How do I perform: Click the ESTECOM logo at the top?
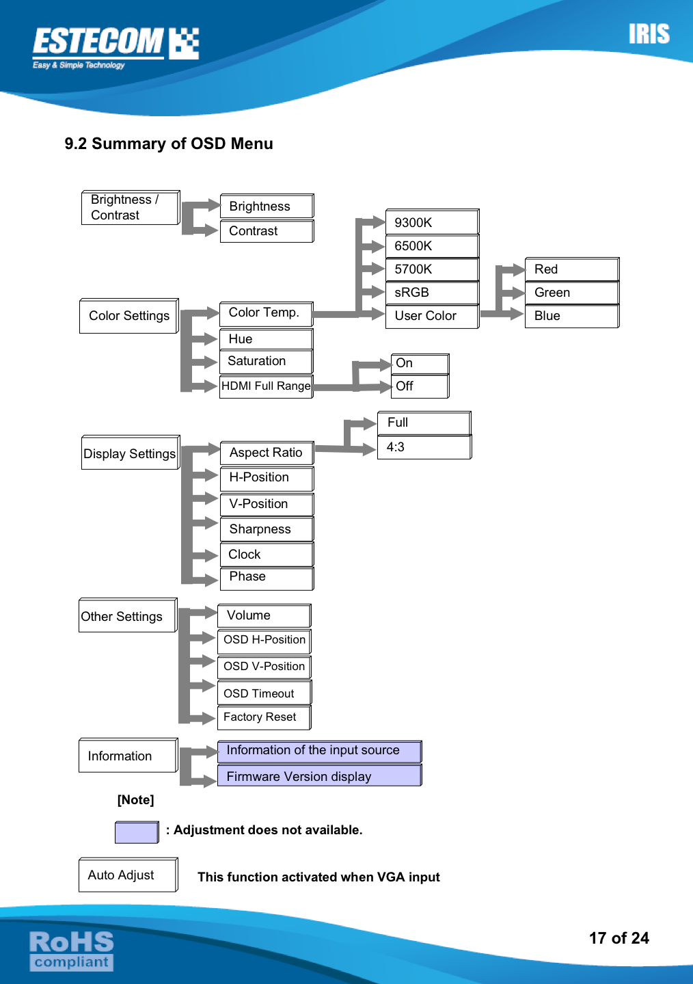[115, 46]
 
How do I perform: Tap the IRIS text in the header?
[649, 34]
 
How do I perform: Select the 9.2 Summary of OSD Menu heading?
[169, 144]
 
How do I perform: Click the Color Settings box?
[129, 316]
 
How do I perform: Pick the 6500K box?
[432, 246]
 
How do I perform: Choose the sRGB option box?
[432, 293]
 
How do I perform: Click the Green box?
[571, 293]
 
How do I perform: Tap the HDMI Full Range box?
[266, 386]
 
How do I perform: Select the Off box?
[420, 386]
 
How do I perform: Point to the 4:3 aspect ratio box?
[424, 447]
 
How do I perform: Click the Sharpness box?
[267, 529]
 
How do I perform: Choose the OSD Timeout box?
[264, 693]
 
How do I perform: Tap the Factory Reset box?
[264, 717]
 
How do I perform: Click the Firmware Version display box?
[319, 776]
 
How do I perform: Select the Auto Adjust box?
[128, 875]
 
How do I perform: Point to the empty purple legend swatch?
[137, 832]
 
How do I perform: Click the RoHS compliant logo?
[71, 950]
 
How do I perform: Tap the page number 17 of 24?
[619, 938]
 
